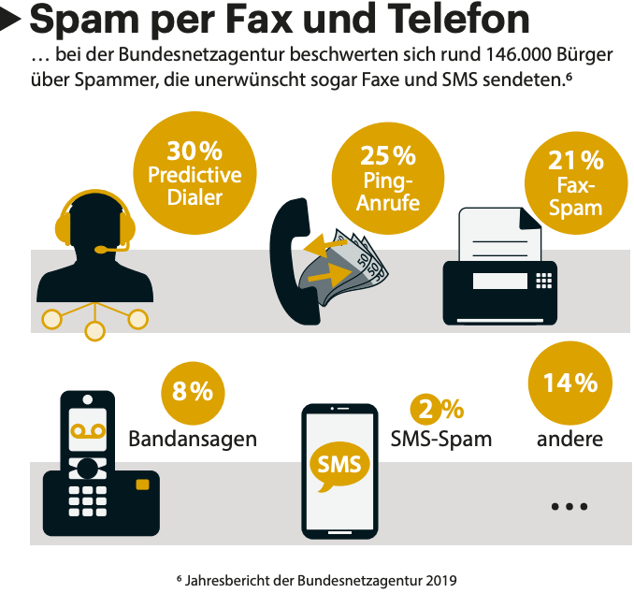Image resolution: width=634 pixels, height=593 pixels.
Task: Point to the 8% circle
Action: point(194,392)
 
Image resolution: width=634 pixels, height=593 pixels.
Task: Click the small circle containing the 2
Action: point(425,408)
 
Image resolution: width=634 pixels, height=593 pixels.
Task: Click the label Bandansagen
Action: point(193,438)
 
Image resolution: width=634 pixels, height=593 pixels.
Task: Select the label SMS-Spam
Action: point(440,438)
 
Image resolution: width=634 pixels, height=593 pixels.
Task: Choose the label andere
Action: point(569,438)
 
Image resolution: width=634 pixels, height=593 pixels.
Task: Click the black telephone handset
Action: point(291,253)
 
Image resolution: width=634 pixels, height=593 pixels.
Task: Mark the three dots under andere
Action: point(569,506)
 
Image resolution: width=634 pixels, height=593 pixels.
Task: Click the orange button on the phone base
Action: point(142,485)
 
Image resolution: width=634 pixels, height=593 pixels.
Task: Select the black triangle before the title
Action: point(13,16)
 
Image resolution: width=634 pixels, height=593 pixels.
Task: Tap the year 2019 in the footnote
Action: point(439,580)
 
